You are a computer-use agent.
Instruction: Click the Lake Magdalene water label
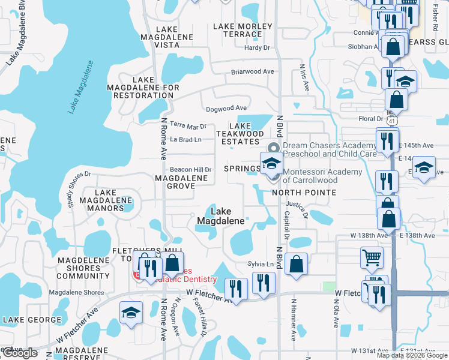click(81, 86)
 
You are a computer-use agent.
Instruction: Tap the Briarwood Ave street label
click(253, 71)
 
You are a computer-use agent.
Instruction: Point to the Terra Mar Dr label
click(188, 126)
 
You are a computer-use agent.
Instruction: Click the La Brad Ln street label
click(185, 139)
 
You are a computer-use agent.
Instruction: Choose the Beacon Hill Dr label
click(191, 170)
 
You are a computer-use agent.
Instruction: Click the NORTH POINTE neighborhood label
click(304, 193)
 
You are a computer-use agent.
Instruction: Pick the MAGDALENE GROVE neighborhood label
click(175, 182)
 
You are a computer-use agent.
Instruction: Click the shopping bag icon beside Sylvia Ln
click(297, 263)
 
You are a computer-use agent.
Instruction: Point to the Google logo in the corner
click(19, 353)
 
